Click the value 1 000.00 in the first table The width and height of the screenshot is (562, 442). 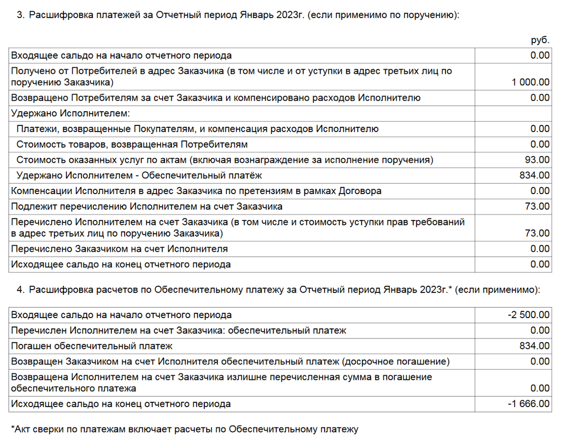tap(531, 82)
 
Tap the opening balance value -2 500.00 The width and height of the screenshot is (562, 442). tap(529, 315)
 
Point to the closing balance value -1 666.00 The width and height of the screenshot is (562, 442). tap(529, 404)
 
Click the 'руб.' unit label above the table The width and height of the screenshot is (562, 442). tap(540, 41)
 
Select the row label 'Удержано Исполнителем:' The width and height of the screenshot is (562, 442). tap(70, 113)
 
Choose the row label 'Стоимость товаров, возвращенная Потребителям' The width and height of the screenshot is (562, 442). tap(132, 144)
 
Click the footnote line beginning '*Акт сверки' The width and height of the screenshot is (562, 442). tap(184, 428)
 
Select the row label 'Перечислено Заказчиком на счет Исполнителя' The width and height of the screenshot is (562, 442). tap(119, 249)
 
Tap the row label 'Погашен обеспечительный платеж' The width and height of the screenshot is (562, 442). tap(92, 346)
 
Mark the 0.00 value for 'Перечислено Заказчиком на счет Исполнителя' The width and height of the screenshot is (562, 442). tap(540, 249)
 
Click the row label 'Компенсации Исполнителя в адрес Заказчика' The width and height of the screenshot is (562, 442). tap(196, 191)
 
